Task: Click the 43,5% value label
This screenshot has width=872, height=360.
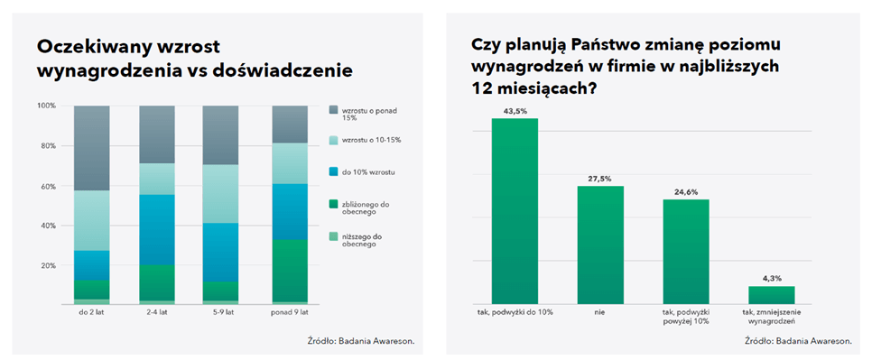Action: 515,111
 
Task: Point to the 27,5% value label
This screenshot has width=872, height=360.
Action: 600,179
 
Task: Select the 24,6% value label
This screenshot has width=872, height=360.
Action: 686,191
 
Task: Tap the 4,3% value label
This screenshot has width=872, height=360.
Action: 772,279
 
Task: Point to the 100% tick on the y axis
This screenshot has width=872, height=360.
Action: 46,106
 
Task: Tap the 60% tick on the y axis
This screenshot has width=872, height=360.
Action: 48,186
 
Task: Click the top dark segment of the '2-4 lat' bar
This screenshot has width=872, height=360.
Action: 157,134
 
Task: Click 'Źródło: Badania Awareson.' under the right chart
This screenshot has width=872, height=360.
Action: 798,341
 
